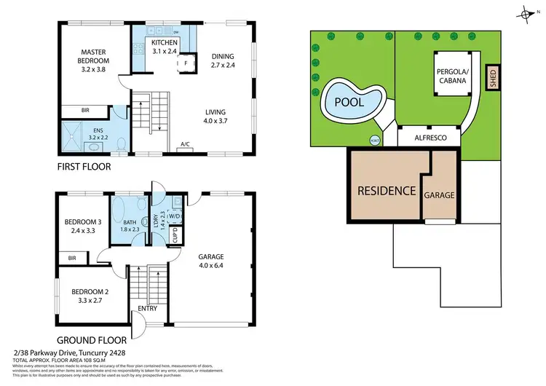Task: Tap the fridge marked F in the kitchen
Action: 186,63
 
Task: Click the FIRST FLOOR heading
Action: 85,167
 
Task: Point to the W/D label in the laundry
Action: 175,216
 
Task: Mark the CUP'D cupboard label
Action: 175,236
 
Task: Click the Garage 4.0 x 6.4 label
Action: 215,261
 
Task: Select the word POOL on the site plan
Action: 349,103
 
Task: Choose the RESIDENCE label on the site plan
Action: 386,192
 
